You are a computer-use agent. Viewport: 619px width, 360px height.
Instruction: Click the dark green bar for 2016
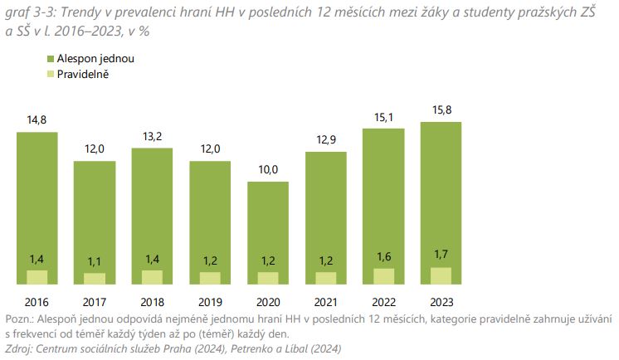point(37,199)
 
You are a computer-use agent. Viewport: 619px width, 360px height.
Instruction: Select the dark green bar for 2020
point(269,224)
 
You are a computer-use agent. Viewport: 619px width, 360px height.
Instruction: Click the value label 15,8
point(441,110)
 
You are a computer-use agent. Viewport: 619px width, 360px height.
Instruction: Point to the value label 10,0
point(269,170)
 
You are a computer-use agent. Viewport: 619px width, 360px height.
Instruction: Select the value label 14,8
point(37,120)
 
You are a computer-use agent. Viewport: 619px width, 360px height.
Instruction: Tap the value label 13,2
point(152,137)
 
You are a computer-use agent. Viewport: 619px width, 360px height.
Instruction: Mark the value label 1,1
point(95,263)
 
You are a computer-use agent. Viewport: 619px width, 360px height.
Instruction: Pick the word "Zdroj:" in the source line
point(20,348)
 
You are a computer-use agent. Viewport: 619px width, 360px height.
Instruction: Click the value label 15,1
point(383,116)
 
